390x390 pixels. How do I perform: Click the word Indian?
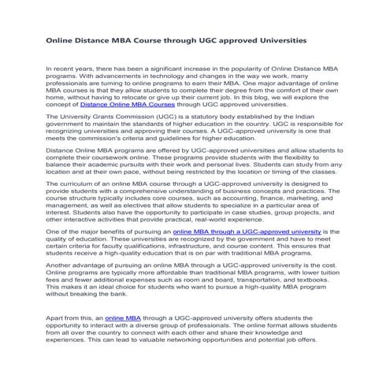(319, 114)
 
